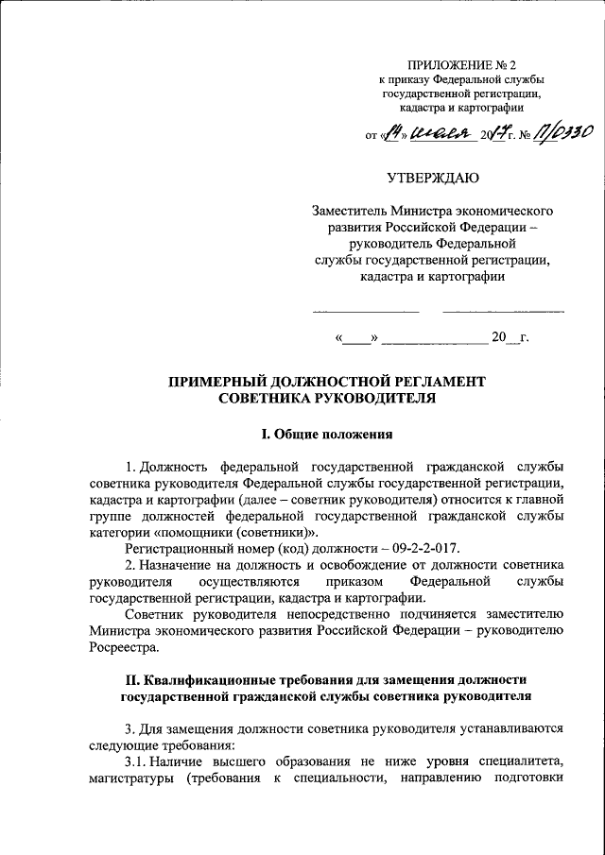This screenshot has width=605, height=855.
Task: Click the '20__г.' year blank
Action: click(509, 337)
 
